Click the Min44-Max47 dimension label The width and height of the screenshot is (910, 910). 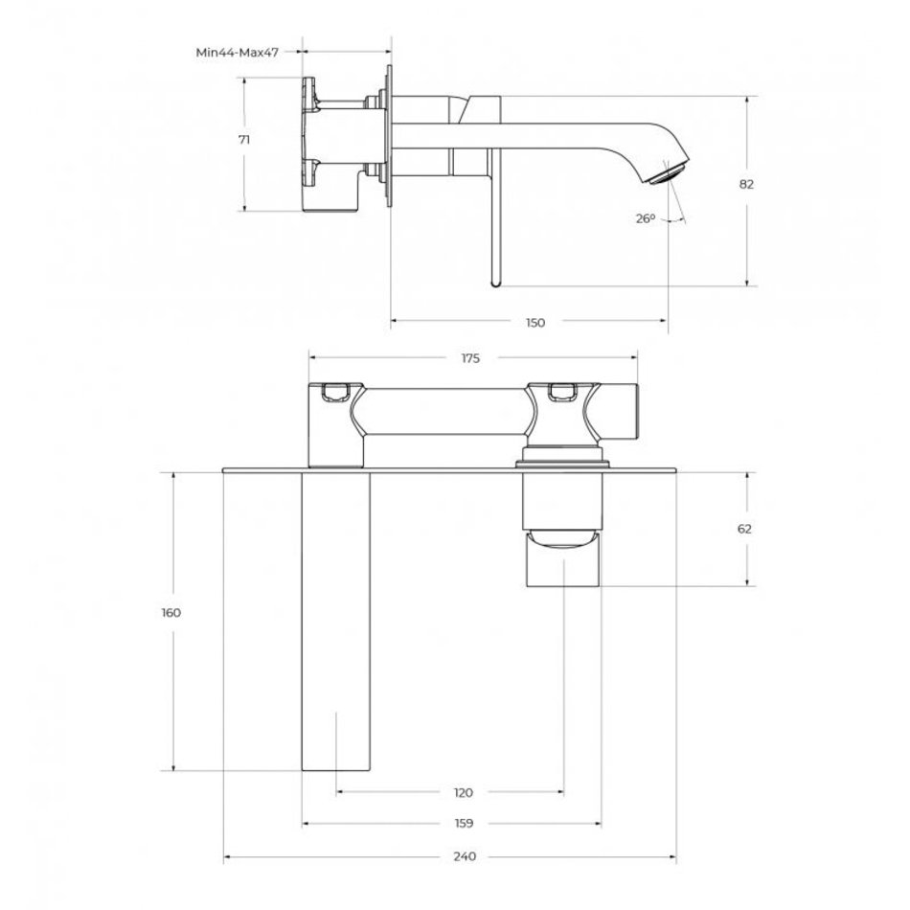pyautogui.click(x=237, y=53)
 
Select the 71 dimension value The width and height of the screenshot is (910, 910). pyautogui.click(x=244, y=140)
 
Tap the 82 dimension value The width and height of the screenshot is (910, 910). pyautogui.click(x=746, y=185)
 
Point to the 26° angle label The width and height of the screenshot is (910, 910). pyautogui.click(x=645, y=218)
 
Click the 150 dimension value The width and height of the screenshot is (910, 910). pyautogui.click(x=535, y=323)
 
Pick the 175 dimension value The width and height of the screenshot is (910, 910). pyautogui.click(x=470, y=358)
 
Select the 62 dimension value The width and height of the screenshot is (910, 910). pyautogui.click(x=744, y=529)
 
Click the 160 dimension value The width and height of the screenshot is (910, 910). pyautogui.click(x=171, y=612)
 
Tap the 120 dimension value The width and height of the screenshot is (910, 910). pyautogui.click(x=463, y=793)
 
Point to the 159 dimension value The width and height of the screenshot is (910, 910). pyautogui.click(x=464, y=824)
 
